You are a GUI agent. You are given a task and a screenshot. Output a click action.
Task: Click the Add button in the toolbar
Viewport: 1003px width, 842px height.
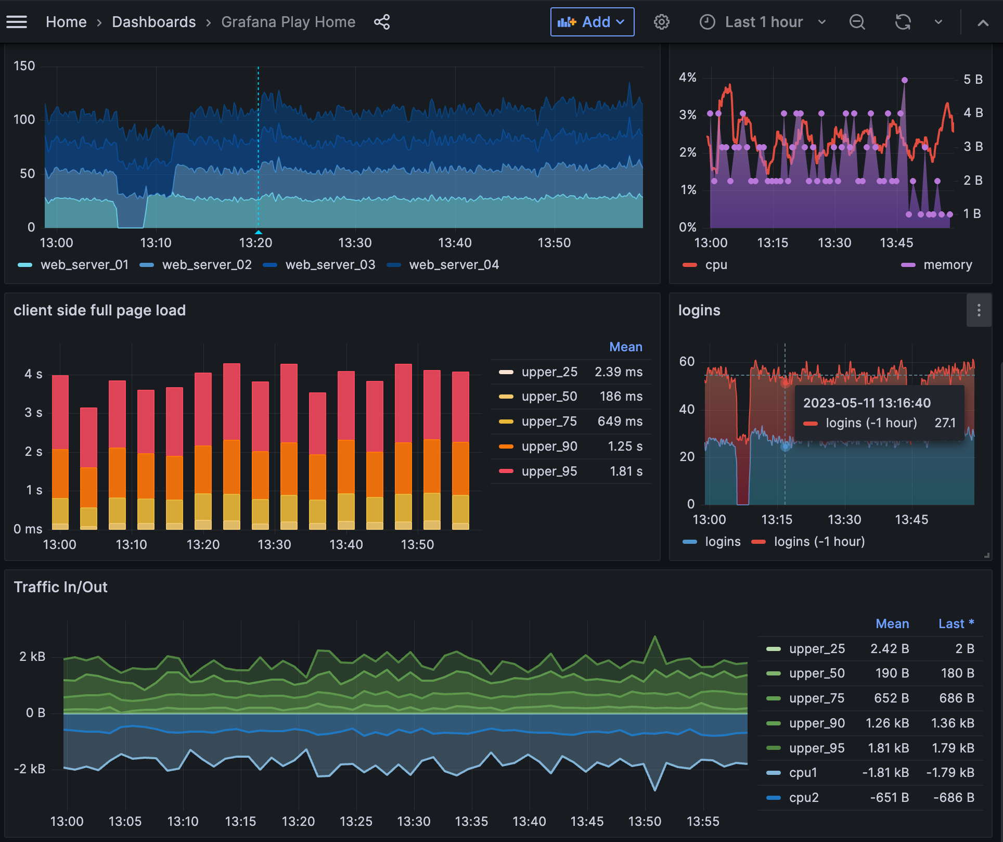592,22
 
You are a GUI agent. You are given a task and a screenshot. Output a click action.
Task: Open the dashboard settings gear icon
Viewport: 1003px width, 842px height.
661,22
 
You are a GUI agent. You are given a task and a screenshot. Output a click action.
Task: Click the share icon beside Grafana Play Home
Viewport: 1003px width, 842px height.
382,22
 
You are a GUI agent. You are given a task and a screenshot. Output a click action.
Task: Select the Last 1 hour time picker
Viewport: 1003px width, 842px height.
763,22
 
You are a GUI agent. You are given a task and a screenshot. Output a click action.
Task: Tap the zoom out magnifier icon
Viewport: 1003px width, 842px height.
857,22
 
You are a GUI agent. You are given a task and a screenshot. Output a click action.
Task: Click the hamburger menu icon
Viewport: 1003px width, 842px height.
17,22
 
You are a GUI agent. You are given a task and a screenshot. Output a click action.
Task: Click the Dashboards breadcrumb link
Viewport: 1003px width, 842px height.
153,22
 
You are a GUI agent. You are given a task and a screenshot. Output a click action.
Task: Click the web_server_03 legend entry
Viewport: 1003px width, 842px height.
330,265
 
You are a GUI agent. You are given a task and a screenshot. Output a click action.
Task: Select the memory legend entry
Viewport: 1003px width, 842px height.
947,265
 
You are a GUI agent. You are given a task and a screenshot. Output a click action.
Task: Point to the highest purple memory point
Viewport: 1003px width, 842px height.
905,80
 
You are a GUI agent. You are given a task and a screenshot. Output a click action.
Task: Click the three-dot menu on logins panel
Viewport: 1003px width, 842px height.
979,311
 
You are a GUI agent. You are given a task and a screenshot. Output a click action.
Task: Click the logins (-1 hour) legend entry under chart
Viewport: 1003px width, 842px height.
819,542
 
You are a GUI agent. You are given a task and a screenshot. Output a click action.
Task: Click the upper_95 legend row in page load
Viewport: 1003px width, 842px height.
549,471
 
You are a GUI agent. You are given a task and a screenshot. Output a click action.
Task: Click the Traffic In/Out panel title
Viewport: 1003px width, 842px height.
60,587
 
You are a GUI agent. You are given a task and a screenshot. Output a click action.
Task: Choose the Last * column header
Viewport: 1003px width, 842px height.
956,624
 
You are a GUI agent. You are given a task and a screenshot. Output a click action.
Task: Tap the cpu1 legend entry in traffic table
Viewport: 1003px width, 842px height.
803,773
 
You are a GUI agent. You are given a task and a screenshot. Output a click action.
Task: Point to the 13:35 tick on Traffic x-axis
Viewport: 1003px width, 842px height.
471,822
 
